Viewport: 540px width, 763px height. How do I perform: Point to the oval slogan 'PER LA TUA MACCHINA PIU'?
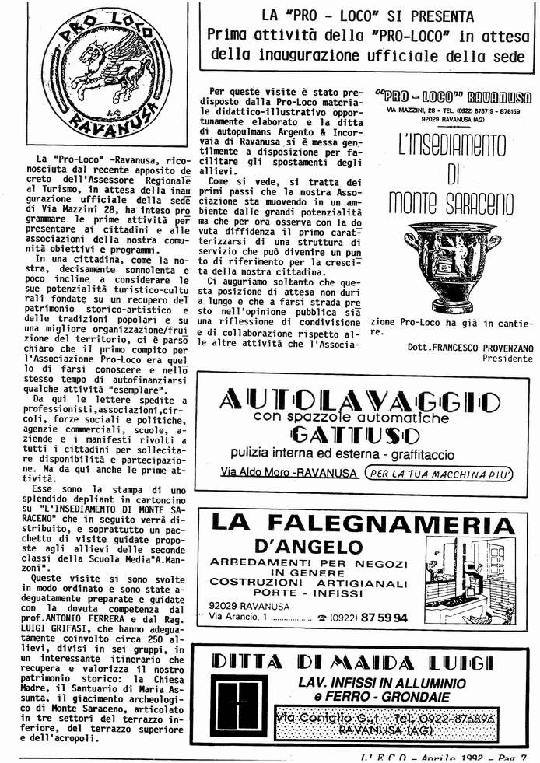(x=439, y=473)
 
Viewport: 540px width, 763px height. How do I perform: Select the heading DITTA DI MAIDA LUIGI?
(x=352, y=663)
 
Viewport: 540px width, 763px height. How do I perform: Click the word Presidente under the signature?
(x=507, y=359)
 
